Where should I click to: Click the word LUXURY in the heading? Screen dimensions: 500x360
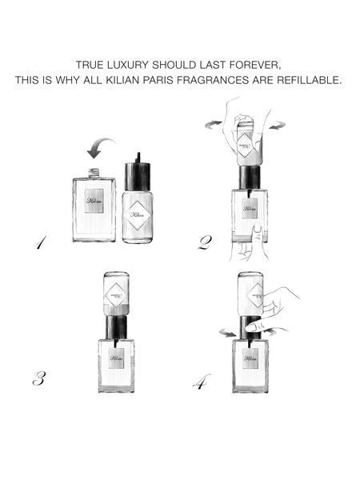coord(133,63)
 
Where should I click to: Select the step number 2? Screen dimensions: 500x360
coord(205,241)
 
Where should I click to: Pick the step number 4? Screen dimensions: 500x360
coord(201,382)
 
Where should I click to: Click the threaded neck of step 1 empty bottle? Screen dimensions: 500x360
coord(94,172)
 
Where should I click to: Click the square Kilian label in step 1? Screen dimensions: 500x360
coord(94,201)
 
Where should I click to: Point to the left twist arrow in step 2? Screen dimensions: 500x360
coord(210,122)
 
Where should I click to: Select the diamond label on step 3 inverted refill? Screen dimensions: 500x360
coord(118,293)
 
